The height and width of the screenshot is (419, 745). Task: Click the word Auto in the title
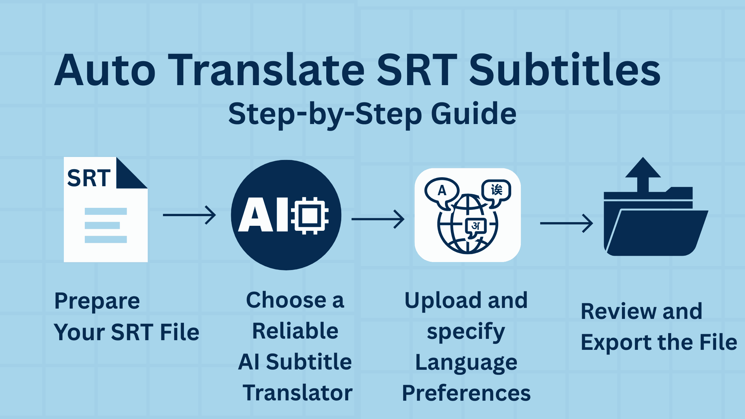click(x=105, y=70)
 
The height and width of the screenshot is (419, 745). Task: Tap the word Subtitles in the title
click(x=564, y=70)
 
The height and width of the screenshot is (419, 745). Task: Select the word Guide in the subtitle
click(x=474, y=114)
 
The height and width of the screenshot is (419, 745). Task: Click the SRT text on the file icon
click(x=89, y=178)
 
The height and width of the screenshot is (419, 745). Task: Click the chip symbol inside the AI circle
click(x=310, y=215)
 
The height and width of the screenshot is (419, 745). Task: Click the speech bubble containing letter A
click(x=442, y=191)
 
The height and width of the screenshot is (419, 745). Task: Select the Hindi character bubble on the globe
click(x=476, y=227)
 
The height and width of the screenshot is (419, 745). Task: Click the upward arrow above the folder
click(x=643, y=173)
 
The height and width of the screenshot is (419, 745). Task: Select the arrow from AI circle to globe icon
click(x=378, y=219)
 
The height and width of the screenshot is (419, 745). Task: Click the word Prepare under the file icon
click(x=97, y=301)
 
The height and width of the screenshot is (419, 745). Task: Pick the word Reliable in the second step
click(x=295, y=331)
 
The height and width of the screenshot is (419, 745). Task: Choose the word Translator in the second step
click(x=297, y=393)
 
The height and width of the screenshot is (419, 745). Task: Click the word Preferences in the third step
click(x=466, y=393)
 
